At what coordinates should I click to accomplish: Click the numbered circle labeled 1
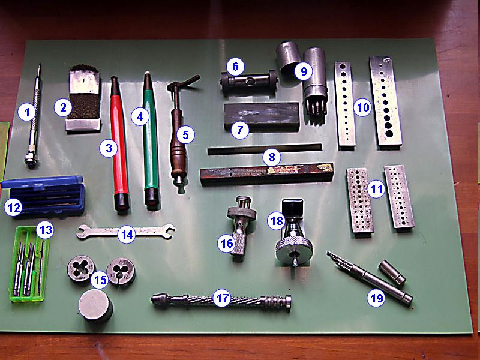[x=27, y=112]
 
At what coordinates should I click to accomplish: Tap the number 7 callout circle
[x=239, y=130]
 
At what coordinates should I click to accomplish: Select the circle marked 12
[x=14, y=207]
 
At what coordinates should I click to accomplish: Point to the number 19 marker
[x=376, y=297]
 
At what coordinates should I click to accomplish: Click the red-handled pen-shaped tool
[x=119, y=144]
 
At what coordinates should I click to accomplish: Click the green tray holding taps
[x=29, y=263]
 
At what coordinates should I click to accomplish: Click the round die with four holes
[x=81, y=269]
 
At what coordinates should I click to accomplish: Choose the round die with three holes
[x=121, y=272]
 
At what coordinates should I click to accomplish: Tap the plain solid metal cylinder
[x=95, y=305]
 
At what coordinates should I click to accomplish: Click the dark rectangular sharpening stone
[x=262, y=116]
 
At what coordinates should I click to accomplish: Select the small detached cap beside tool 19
[x=392, y=272]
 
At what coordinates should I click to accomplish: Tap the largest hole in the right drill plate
[x=389, y=133]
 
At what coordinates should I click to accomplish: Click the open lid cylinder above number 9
[x=289, y=58]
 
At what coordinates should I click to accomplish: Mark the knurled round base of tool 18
[x=294, y=250]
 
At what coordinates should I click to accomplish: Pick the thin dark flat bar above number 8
[x=265, y=149]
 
